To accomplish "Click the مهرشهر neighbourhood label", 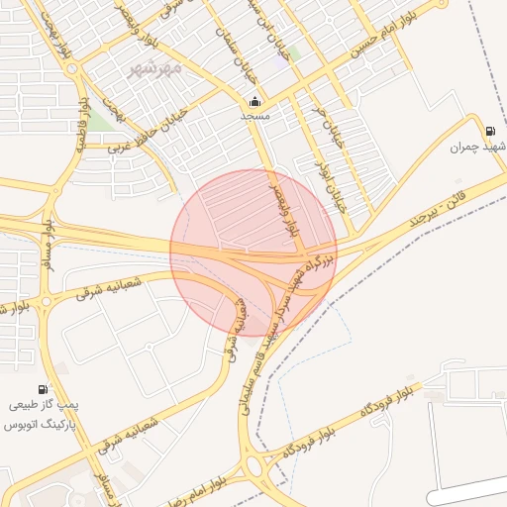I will pyautogui.click(x=155, y=68).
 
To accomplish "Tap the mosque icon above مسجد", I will pyautogui.click(x=255, y=101).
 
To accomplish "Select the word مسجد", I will pyautogui.click(x=255, y=116).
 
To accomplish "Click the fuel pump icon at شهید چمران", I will pyautogui.click(x=490, y=132).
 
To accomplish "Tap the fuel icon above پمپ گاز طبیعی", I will pyautogui.click(x=43, y=389).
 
